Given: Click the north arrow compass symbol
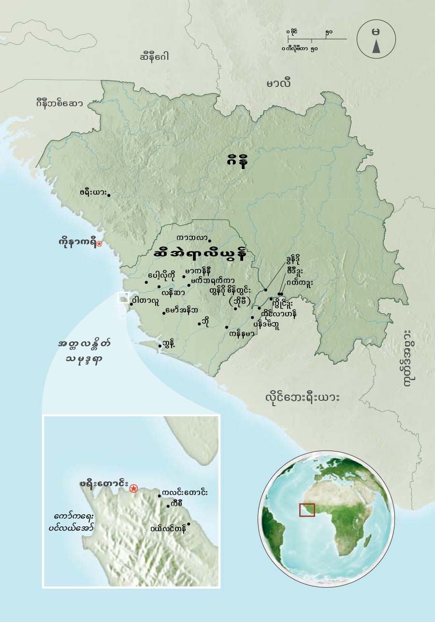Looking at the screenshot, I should point(376,40).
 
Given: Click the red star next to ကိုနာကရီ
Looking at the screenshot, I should point(99,244).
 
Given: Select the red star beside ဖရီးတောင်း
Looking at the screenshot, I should point(133,489).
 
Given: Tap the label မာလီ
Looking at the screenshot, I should point(278,83).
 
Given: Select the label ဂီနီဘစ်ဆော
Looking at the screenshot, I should point(59,103).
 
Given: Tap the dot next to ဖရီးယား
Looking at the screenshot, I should point(109,195).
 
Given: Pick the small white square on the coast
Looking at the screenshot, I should point(124,297).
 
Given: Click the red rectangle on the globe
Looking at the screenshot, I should point(307,510).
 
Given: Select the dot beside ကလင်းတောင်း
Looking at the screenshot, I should point(159,496).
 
